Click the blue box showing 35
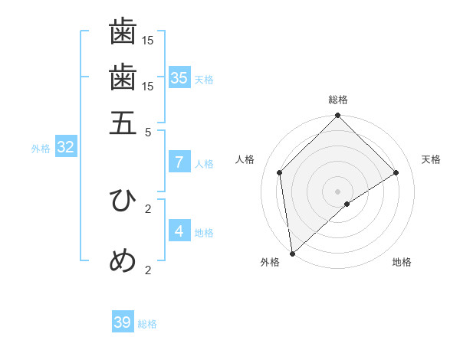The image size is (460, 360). (x=179, y=78)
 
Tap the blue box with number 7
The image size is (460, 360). (x=179, y=162)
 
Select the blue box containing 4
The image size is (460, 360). (x=179, y=231)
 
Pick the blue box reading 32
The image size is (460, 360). (x=65, y=148)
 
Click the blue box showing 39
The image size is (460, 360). (x=123, y=322)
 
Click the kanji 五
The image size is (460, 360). (x=123, y=123)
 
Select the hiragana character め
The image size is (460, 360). (x=123, y=261)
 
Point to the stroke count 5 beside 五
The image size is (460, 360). (x=148, y=131)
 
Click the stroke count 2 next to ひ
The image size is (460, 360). (x=148, y=208)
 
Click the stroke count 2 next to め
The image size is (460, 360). (x=148, y=269)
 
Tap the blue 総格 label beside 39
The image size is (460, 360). (x=148, y=324)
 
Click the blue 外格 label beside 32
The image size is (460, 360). (x=41, y=149)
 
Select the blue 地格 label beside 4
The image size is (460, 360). (x=204, y=233)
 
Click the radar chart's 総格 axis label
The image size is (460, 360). (x=337, y=100)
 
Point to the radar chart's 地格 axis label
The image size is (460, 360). (x=402, y=263)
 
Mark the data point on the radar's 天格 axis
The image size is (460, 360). (x=396, y=172)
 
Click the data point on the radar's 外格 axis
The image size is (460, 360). (x=292, y=254)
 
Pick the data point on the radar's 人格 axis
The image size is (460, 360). (x=280, y=172)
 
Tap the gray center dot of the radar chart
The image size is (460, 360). (x=337, y=191)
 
